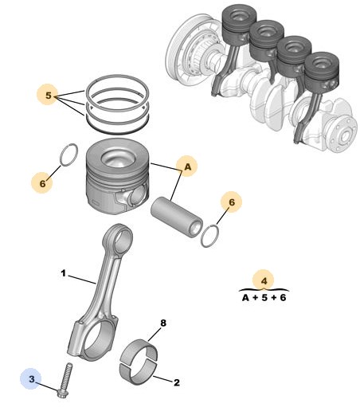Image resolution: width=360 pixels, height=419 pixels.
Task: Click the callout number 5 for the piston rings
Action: [48, 95]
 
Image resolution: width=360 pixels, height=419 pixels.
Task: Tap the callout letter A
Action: [188, 166]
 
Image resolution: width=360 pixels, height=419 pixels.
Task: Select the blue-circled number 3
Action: [32, 378]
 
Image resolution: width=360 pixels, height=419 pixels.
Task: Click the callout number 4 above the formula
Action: [264, 281]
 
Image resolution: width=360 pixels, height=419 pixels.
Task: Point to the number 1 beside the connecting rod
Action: [63, 273]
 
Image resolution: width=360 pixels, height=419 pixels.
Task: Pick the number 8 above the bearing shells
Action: [163, 323]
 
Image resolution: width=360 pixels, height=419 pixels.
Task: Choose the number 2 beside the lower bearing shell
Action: [177, 382]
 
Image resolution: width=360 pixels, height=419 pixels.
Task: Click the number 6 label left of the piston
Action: [42, 183]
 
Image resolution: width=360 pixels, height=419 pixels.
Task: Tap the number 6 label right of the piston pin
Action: [232, 202]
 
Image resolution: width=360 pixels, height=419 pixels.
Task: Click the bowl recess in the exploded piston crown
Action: [118, 159]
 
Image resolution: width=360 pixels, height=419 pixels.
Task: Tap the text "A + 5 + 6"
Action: [264, 297]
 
